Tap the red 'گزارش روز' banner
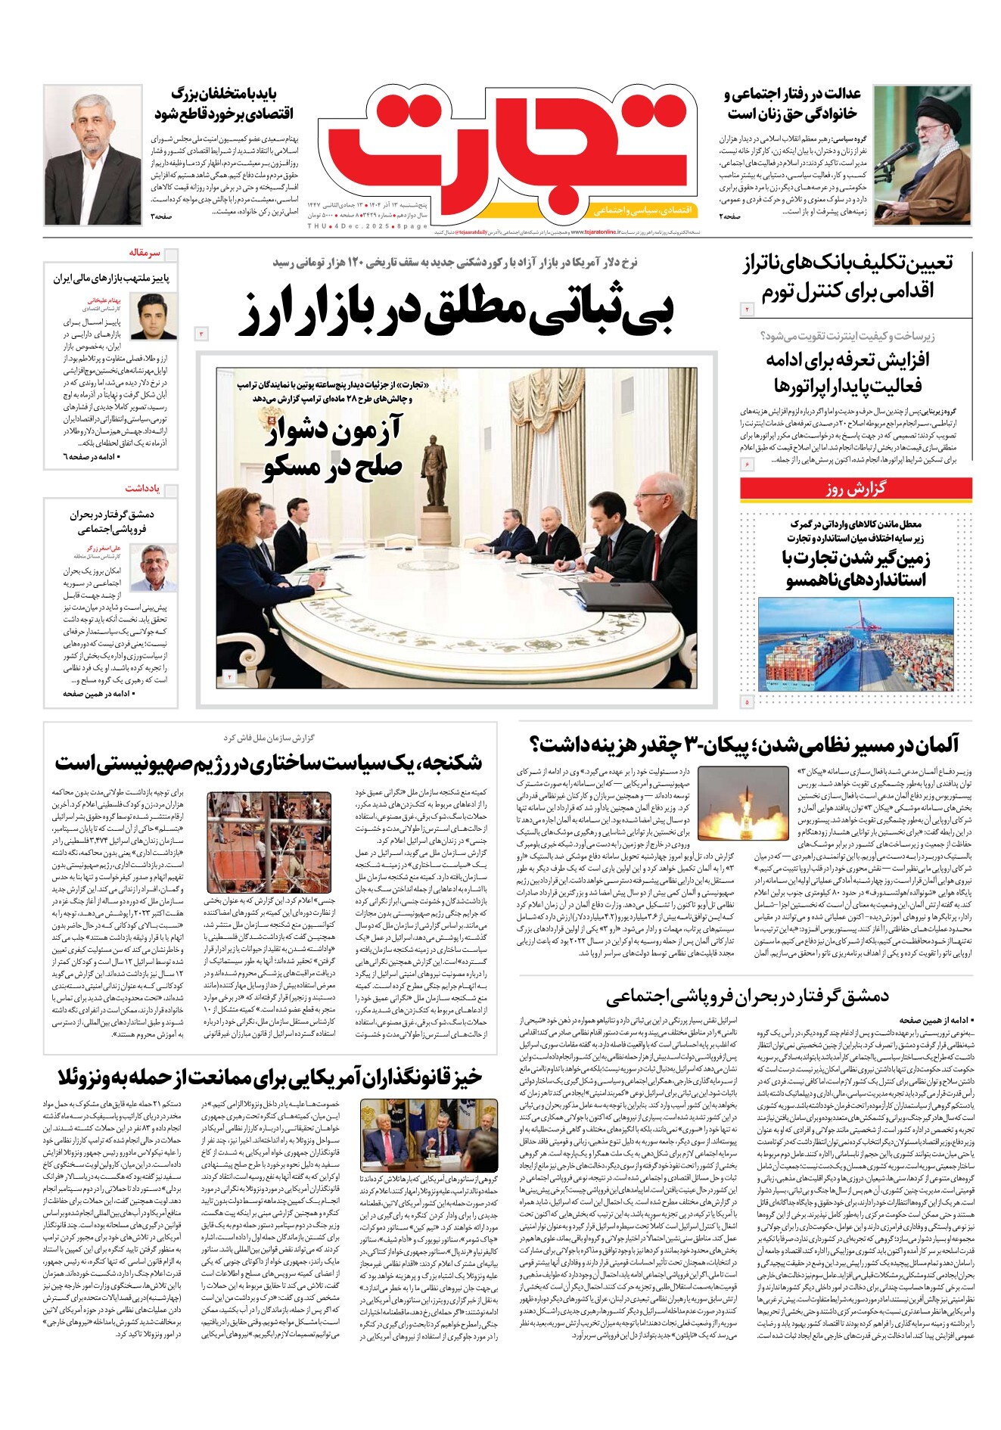(x=855, y=489)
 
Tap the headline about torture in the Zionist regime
(x=269, y=762)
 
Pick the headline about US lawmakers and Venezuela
(x=269, y=1077)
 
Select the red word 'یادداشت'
(x=142, y=488)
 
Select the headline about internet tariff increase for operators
(x=846, y=371)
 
